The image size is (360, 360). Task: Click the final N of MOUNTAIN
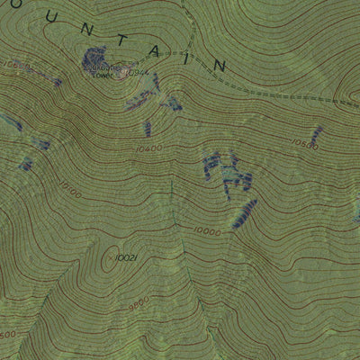tap(219, 65)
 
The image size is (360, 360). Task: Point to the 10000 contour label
tap(205, 231)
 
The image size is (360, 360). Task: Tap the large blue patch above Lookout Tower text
tap(94, 56)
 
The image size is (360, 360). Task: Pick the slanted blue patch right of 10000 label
tap(244, 213)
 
